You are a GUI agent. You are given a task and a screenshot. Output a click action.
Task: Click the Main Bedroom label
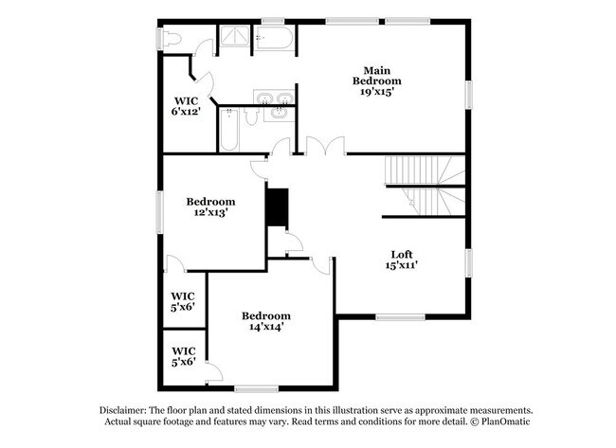[383, 75]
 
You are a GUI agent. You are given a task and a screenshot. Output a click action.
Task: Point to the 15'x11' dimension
[402, 266]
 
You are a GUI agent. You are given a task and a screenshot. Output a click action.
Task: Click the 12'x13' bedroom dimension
[209, 213]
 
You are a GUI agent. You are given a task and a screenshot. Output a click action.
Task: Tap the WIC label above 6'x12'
[184, 100]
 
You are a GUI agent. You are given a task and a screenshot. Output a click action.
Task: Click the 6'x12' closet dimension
[184, 112]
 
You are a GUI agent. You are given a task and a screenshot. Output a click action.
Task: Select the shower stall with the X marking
[233, 38]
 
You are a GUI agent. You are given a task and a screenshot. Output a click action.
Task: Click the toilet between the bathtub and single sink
[250, 116]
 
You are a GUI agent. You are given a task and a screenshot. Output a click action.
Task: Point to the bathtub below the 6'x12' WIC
[229, 132]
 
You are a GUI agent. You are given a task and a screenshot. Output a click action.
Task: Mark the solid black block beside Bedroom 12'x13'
[277, 207]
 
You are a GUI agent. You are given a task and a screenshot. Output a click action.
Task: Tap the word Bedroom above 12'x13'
[209, 201]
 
